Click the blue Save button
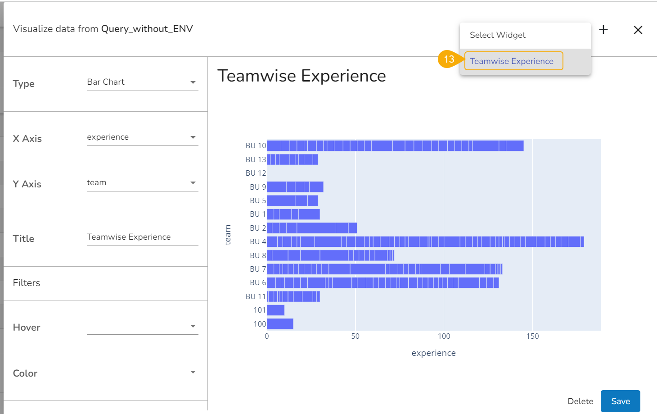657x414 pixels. pos(620,401)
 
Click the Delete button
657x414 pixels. pos(580,401)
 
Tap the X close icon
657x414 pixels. pos(638,30)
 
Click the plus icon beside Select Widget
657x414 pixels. pos(603,30)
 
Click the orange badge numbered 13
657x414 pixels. pos(449,59)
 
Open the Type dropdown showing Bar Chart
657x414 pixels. pos(142,82)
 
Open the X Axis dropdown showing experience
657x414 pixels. pos(142,137)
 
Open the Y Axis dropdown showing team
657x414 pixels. pos(142,183)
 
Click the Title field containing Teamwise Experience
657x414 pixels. pos(142,237)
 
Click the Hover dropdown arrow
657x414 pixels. pos(193,326)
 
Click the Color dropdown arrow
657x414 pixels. pos(193,372)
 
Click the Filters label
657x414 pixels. pos(27,283)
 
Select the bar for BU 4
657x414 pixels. pos(425,242)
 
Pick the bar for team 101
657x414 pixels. pos(275,310)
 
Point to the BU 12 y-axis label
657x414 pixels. pos(256,173)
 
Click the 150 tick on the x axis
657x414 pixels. pos(532,337)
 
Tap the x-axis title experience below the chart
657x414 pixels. pos(433,353)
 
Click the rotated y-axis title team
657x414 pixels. pos(228,235)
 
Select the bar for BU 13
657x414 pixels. pos(292,159)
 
